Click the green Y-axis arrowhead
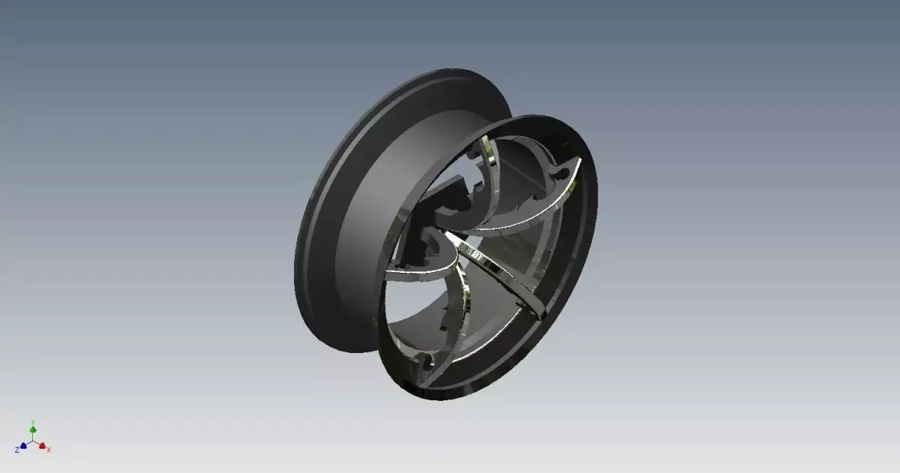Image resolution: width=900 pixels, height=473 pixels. pyautogui.click(x=33, y=429)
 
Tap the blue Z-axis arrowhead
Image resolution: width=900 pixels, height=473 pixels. pyautogui.click(x=23, y=445)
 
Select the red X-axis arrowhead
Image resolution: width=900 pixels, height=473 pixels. pyautogui.click(x=43, y=445)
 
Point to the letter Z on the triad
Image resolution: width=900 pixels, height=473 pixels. pyautogui.click(x=16, y=450)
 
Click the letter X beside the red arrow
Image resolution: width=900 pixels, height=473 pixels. pyautogui.click(x=49, y=450)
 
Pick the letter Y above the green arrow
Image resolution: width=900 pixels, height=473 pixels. pyautogui.click(x=32, y=422)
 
